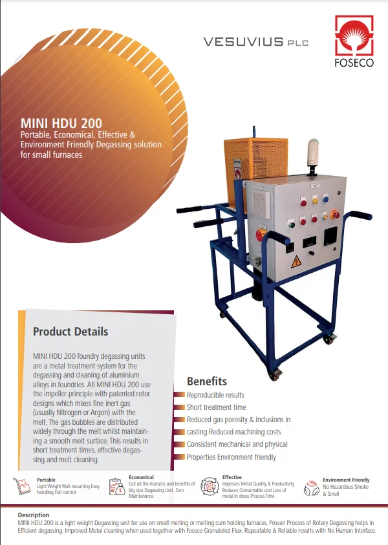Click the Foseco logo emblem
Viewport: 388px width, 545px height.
[x=354, y=35]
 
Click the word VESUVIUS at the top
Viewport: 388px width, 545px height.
[x=243, y=42]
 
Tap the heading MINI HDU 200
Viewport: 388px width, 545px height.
[x=61, y=123]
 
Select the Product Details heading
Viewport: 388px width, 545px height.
[x=70, y=332]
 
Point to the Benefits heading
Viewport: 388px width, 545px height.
[x=207, y=381]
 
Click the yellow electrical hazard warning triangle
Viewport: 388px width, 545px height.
[x=296, y=262]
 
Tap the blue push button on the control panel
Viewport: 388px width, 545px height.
[x=326, y=199]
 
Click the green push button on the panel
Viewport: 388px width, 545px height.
[x=292, y=224]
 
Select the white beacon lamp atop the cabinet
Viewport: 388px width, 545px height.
[x=313, y=153]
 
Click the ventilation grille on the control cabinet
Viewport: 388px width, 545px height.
[x=261, y=204]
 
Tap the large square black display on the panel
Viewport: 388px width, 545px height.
[x=330, y=237]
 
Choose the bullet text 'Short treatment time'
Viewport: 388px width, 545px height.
[x=216, y=407]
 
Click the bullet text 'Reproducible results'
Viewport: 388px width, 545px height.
[x=215, y=395]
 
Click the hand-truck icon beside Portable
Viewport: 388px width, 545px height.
[x=21, y=486]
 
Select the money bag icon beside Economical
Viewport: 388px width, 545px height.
[x=118, y=486]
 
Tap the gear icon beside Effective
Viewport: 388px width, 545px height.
[x=210, y=486]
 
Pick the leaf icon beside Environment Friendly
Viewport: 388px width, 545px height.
[x=312, y=488]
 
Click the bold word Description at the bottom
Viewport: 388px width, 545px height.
[x=34, y=515]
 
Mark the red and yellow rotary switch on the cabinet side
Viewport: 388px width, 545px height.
[x=261, y=235]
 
